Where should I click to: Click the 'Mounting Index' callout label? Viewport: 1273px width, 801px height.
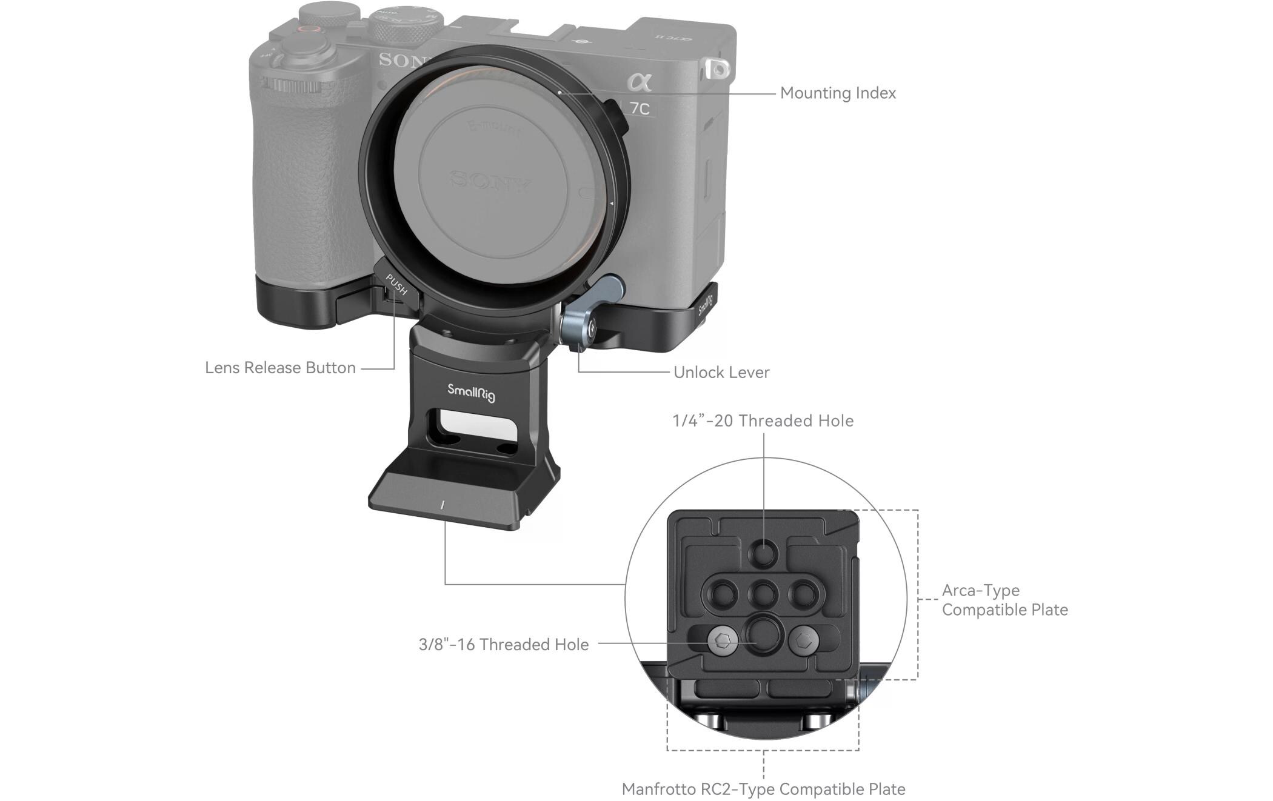838,93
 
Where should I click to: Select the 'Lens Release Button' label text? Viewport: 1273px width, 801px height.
280,368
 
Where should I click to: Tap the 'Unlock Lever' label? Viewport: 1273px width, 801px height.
721,372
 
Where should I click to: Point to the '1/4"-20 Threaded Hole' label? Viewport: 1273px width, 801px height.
763,420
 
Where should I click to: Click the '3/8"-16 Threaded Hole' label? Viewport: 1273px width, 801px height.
503,644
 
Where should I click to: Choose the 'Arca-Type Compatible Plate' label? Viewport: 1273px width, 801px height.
1004,600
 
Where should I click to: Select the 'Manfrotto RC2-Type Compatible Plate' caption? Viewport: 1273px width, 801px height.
763,789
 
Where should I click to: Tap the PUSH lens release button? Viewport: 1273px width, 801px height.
396,285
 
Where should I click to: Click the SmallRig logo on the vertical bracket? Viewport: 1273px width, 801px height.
471,393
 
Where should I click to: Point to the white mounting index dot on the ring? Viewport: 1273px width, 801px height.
559,93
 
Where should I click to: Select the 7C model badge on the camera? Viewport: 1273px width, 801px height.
639,108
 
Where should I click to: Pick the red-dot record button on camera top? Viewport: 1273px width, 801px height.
309,28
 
